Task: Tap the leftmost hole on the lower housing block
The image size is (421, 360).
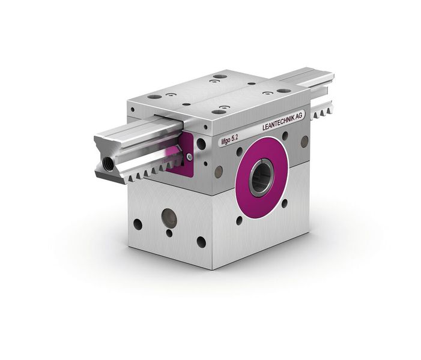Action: point(138,223)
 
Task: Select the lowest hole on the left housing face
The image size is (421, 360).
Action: point(201,242)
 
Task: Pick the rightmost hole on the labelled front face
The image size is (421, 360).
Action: point(304,142)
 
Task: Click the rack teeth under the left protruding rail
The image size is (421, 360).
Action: point(144,172)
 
